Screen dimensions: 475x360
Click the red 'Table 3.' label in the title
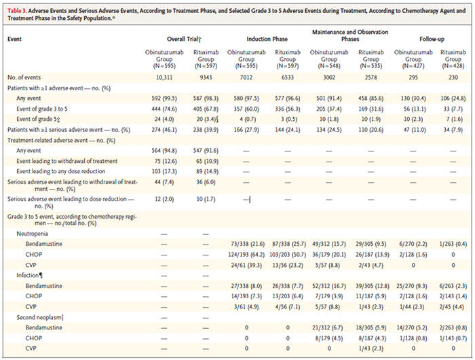tap(17, 11)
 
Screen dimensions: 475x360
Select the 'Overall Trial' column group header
tap(184, 39)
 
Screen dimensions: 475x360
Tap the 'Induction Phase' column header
tap(267, 39)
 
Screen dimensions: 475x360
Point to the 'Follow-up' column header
tap(432, 39)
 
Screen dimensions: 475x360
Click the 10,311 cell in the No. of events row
tap(164, 77)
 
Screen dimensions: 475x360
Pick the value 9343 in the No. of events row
tap(206, 77)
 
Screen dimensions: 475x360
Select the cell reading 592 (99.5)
tap(164, 98)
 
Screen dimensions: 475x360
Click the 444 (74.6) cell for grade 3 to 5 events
tap(164, 109)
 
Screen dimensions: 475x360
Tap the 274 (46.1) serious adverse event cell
tap(164, 130)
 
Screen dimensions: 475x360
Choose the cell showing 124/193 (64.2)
tap(246, 255)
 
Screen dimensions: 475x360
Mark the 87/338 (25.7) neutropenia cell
tap(288, 244)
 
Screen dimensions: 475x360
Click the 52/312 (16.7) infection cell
tap(329, 286)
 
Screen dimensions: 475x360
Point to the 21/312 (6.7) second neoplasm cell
tap(329, 328)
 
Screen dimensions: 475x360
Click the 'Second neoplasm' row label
tap(40, 317)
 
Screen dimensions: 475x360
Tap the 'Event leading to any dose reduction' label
tap(61, 171)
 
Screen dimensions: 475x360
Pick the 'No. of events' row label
tap(24, 77)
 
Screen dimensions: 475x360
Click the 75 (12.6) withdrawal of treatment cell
tap(164, 162)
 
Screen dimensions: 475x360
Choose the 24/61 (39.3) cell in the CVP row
tap(246, 266)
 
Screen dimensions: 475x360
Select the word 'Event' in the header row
tap(14, 39)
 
